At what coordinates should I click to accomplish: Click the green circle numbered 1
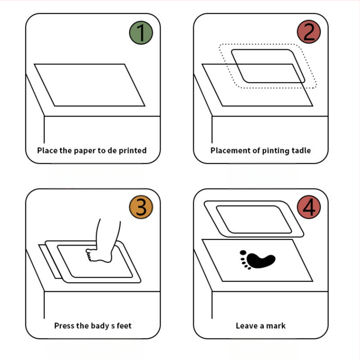tap(141, 32)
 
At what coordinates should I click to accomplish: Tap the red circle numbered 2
tap(309, 31)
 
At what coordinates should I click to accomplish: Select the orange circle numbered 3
tap(141, 207)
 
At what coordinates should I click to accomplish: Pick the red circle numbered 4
tap(309, 207)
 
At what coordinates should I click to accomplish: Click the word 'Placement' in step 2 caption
tap(230, 150)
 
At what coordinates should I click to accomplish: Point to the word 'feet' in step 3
tap(124, 325)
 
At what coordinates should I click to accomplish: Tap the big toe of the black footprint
tap(243, 252)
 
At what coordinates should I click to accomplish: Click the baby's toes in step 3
tap(89, 255)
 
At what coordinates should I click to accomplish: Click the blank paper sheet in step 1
tap(90, 85)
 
